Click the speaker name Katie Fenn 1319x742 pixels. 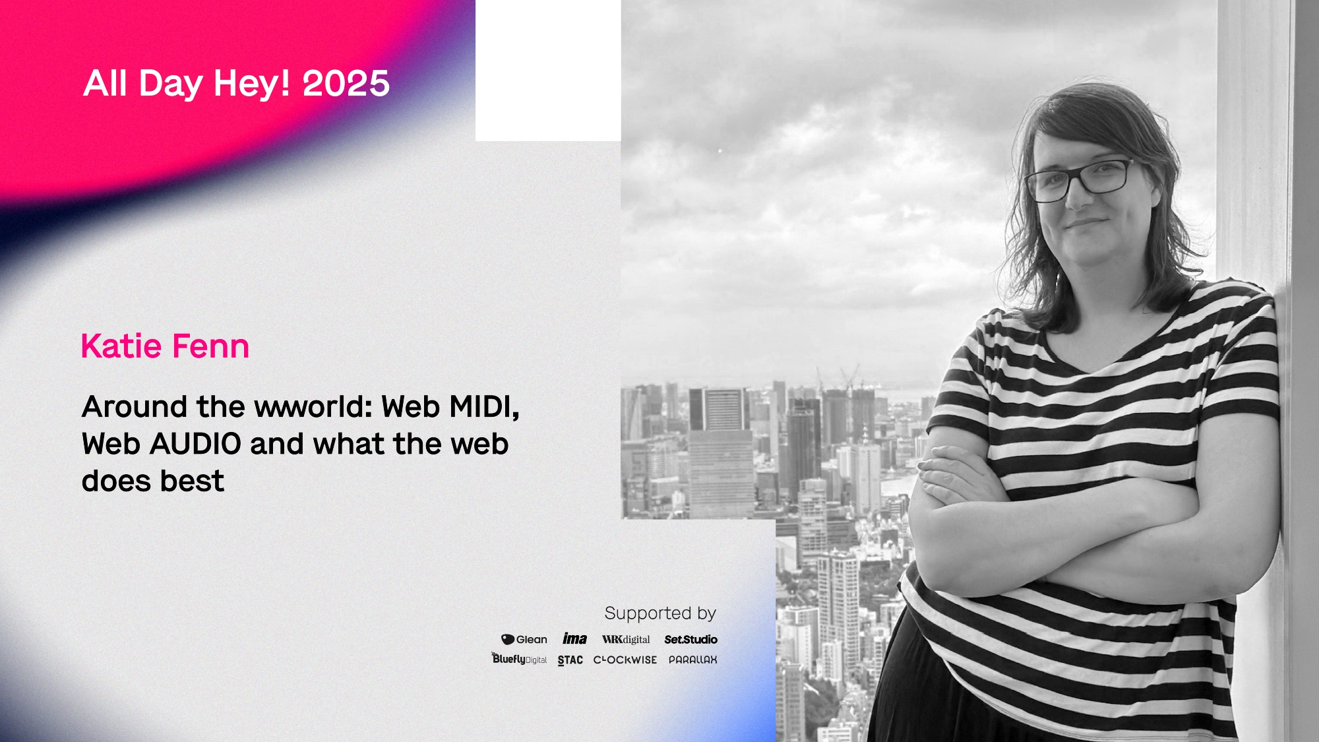coord(165,346)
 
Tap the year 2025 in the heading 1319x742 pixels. coord(346,83)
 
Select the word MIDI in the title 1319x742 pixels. coord(484,407)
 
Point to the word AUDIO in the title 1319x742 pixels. coord(195,444)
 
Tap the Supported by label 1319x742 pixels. coord(660,613)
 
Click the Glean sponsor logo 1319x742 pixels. coord(524,640)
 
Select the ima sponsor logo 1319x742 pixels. coord(574,638)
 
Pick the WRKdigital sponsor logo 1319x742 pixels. coord(626,640)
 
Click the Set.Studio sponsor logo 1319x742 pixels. coord(690,640)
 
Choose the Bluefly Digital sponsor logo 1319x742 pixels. coord(519,659)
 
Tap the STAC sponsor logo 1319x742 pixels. coord(570,660)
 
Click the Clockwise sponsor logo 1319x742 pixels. coord(625,660)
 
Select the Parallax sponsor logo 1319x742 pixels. coord(692,660)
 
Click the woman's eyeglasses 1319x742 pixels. coord(1080,179)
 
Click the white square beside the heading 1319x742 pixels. coord(548,71)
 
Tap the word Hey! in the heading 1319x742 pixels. coord(251,84)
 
